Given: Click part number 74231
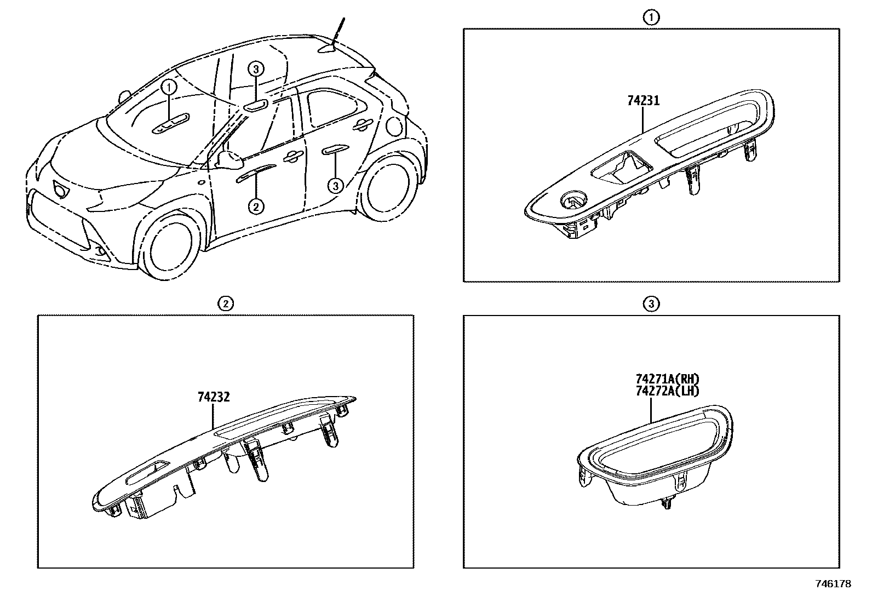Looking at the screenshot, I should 643,101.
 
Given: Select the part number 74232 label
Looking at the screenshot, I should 214,397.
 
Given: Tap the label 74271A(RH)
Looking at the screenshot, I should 668,379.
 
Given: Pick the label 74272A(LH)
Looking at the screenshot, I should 668,391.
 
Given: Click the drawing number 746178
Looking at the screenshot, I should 833,584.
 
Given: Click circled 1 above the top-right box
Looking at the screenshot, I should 651,18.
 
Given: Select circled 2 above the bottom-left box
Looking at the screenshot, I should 225,303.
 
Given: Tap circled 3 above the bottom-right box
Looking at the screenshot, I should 651,303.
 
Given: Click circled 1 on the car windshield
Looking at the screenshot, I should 169,87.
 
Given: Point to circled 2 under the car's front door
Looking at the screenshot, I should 256,206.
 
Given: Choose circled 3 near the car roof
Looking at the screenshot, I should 256,69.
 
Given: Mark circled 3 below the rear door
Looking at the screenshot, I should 335,186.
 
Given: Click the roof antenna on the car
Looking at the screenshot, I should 335,37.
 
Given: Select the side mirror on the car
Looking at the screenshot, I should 230,159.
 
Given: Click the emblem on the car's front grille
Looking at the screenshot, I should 60,189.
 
